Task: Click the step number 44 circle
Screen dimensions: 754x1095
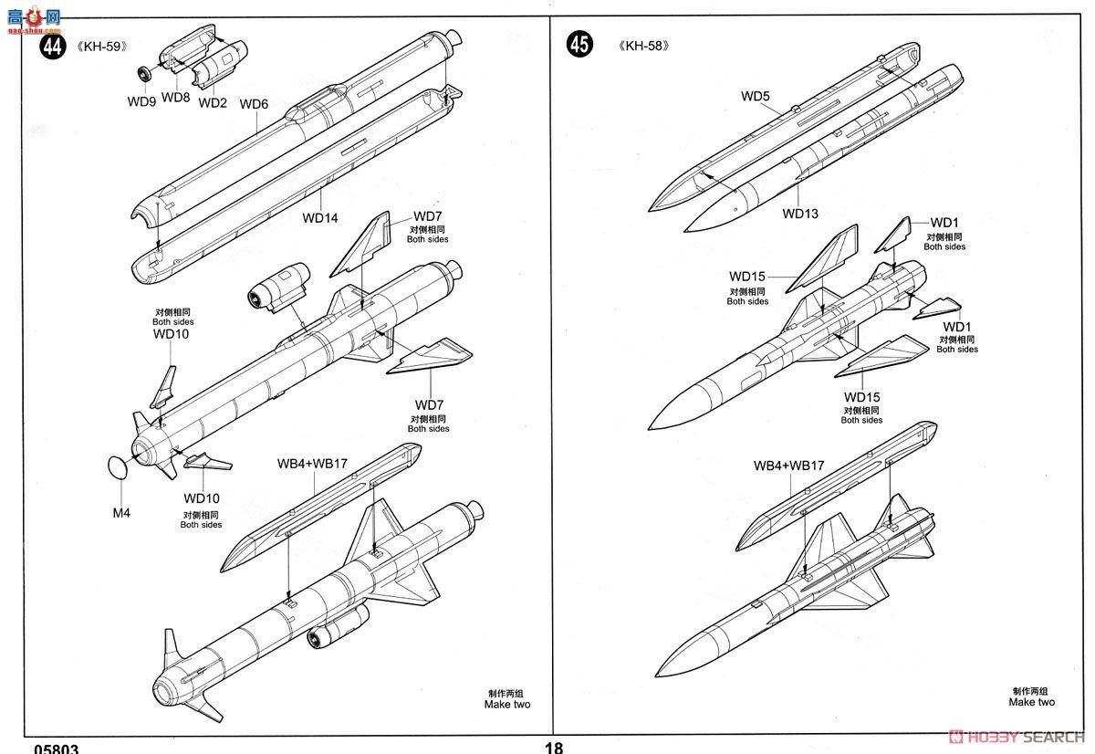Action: [52, 47]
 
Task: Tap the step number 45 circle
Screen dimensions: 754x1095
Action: [579, 44]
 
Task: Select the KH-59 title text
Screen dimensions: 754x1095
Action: [99, 47]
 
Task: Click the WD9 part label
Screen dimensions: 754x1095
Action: [141, 101]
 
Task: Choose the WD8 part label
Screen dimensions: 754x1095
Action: [175, 97]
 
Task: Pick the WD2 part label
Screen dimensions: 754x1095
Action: [212, 102]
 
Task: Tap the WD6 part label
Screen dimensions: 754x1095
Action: [254, 104]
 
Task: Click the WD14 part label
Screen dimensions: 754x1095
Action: [320, 218]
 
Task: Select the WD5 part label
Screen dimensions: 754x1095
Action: [756, 96]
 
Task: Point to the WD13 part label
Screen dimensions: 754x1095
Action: [800, 214]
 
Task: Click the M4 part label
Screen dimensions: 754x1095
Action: [121, 512]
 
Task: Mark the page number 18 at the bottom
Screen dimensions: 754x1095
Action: [553, 748]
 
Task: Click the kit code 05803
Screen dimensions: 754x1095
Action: [56, 749]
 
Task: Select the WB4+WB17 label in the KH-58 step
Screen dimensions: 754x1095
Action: [788, 466]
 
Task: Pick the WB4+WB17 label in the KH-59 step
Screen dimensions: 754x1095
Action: [312, 463]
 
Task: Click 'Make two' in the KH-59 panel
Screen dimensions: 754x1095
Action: [506, 704]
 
